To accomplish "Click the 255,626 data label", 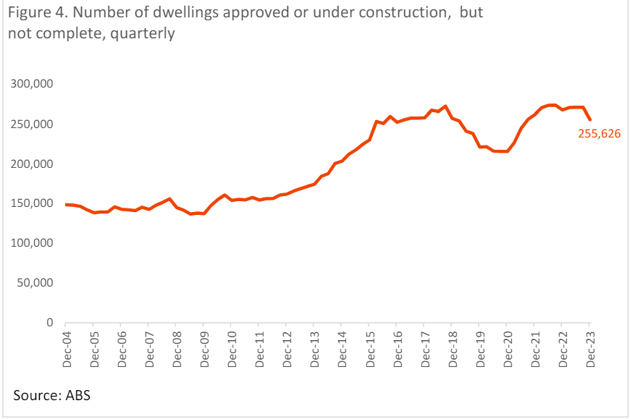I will click(x=599, y=133).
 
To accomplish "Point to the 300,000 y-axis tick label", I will click(x=34, y=84).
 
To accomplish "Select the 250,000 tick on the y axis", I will click(x=34, y=124).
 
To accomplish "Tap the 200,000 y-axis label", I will click(x=34, y=164).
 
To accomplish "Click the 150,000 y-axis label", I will click(x=34, y=203).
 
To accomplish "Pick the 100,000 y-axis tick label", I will click(x=34, y=243).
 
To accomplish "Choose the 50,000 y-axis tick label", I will click(x=37, y=283).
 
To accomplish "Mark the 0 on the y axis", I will click(x=51, y=323).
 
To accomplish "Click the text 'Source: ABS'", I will click(x=51, y=395).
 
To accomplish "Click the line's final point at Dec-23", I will click(x=589, y=120).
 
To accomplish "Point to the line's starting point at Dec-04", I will click(x=66, y=205).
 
